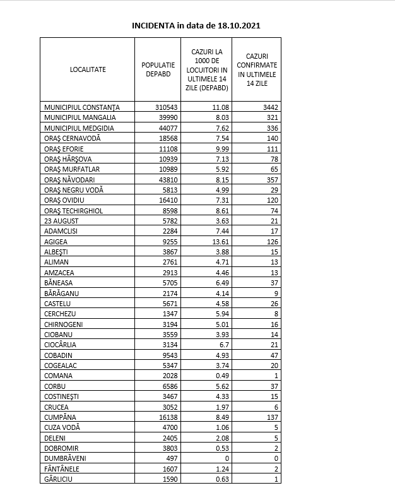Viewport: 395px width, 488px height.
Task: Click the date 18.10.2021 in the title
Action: pos(237,26)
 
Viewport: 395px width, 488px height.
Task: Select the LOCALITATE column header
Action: pos(88,69)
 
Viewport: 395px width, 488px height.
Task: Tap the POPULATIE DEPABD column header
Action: pos(158,69)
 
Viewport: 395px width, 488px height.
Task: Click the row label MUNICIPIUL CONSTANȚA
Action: pos(81,107)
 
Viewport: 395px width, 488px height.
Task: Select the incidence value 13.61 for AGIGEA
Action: pos(220,241)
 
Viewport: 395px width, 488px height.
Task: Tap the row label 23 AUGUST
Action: pos(62,220)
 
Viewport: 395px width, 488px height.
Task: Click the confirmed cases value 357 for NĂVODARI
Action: pos(272,179)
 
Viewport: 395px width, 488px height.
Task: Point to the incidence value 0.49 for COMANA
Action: pos(221,375)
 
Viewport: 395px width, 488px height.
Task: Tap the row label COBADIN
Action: pos(59,354)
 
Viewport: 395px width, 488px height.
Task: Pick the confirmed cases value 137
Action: pos(272,416)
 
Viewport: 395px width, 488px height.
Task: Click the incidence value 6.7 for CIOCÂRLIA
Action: pos(224,344)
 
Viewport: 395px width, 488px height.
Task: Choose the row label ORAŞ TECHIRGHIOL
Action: pos(74,210)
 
